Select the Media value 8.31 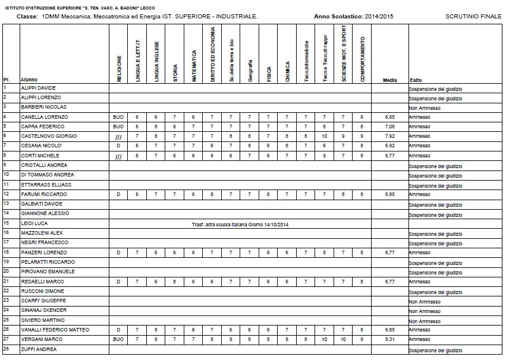coord(390,339)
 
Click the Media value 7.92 coord(390,136)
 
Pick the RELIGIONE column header coord(119,68)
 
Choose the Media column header coord(390,80)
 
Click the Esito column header coord(416,80)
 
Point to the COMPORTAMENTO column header coord(363,59)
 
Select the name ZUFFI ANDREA coord(39,349)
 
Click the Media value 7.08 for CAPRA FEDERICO coord(390,127)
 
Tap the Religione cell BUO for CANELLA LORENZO coord(118,117)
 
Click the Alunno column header coord(29,80)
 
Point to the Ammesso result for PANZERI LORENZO coord(420,252)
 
